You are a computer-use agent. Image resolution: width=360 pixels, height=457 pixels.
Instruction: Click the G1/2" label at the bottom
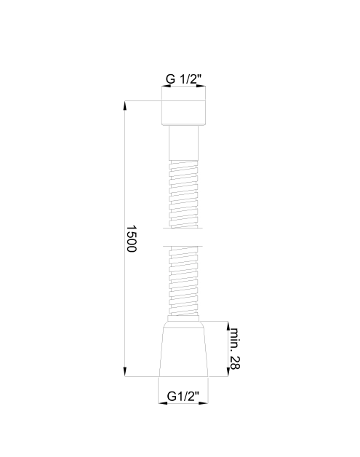pos(183,395)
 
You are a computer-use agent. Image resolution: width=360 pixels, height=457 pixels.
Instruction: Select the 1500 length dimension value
pos(132,239)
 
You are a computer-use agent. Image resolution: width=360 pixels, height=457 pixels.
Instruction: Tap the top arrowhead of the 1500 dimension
pos(125,106)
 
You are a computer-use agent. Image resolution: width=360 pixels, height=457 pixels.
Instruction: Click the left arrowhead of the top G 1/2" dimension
pos(164,86)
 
